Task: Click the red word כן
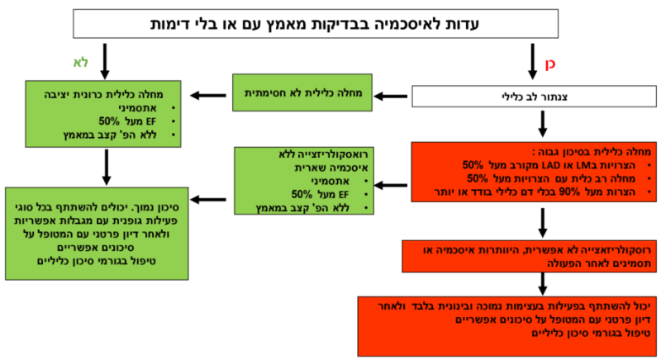(551, 62)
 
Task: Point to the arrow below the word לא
(105, 60)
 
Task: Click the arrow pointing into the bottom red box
(541, 283)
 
